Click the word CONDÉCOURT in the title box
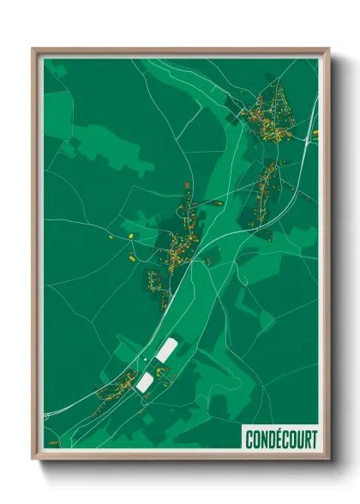tap(280, 440)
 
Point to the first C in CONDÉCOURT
tap(249, 440)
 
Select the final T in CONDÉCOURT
tap(313, 440)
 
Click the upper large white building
tap(166, 349)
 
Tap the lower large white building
tap(144, 381)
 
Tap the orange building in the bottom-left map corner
tap(54, 442)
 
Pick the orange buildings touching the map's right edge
tap(315, 133)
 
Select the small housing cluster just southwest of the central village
tap(154, 279)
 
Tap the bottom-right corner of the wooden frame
tap(329, 460)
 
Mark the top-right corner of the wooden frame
tap(329, 49)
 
